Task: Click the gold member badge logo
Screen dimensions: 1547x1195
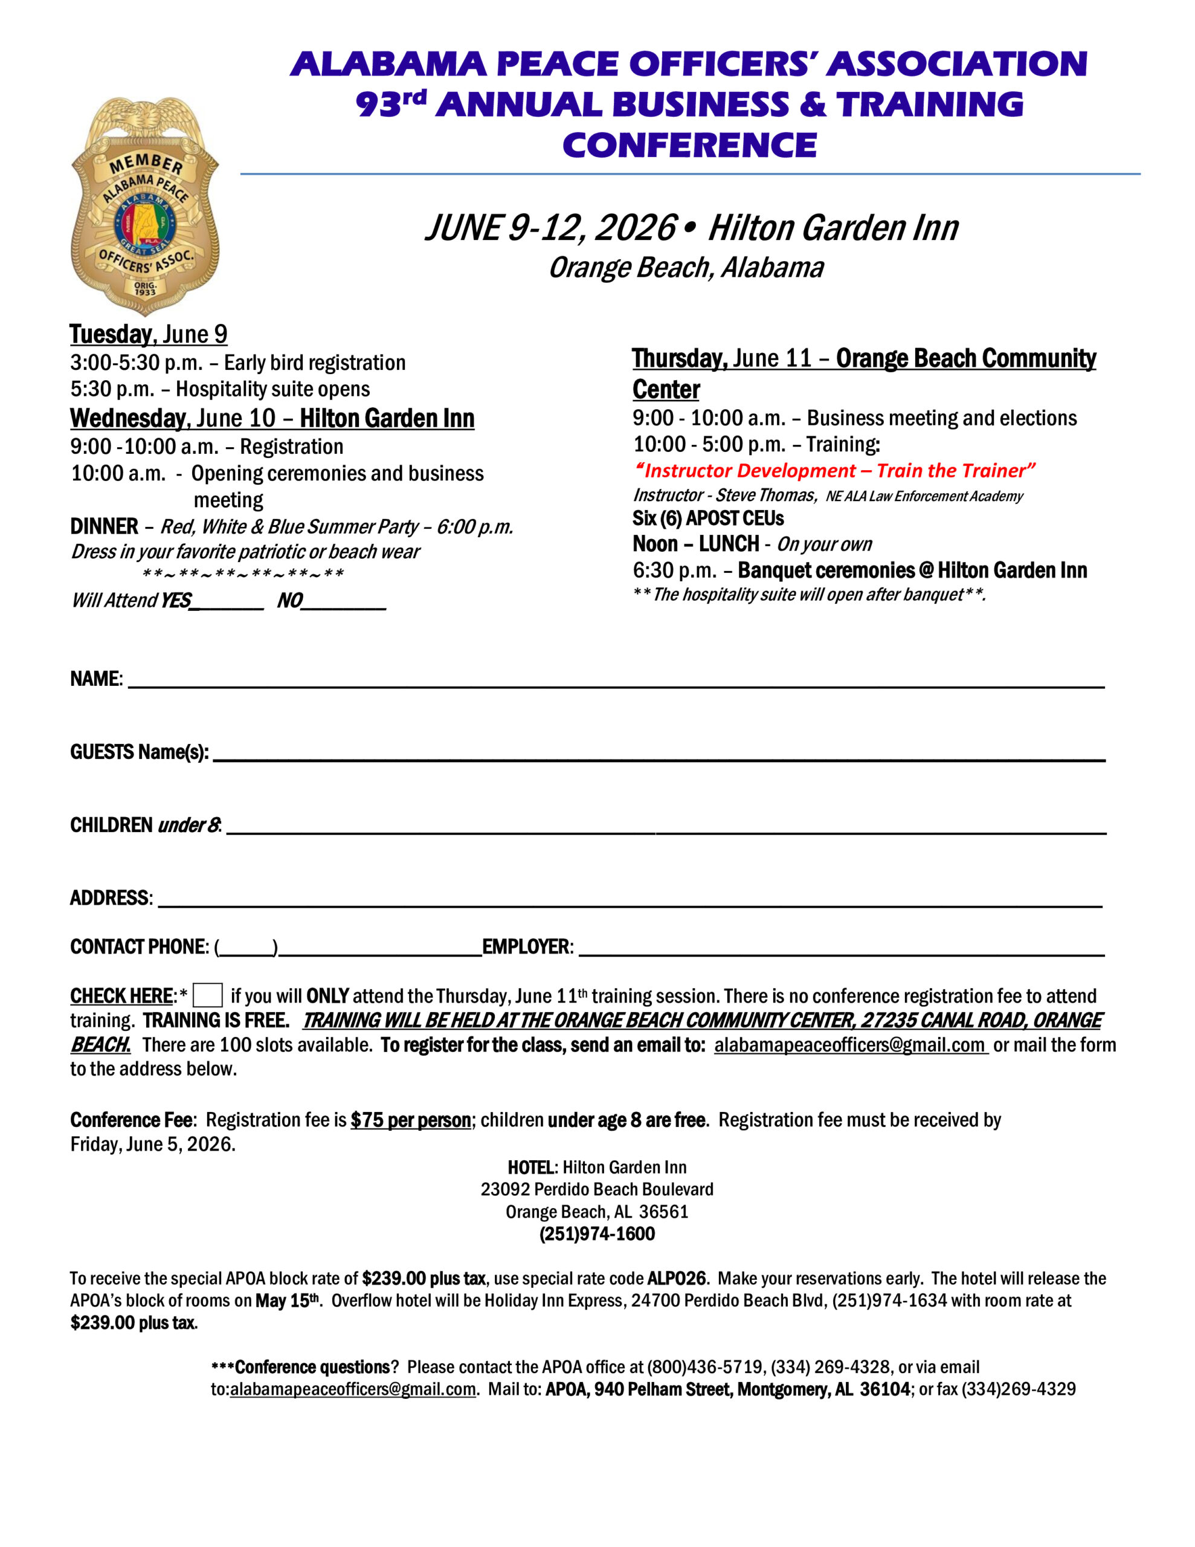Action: tap(145, 206)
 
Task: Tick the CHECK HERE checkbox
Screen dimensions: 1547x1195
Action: tap(208, 995)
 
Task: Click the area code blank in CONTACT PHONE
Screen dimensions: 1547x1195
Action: tap(246, 949)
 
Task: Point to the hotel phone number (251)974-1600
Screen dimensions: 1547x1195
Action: tap(597, 1234)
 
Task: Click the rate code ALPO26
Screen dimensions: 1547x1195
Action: tap(677, 1279)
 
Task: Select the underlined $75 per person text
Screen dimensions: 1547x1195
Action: tap(411, 1120)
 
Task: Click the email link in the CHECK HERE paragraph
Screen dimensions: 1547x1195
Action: tap(850, 1045)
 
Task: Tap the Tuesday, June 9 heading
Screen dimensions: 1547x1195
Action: tap(149, 334)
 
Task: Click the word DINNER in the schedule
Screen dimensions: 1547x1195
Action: tap(104, 526)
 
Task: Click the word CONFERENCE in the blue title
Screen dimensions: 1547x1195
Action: tap(689, 145)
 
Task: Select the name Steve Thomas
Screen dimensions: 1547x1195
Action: tap(765, 494)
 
